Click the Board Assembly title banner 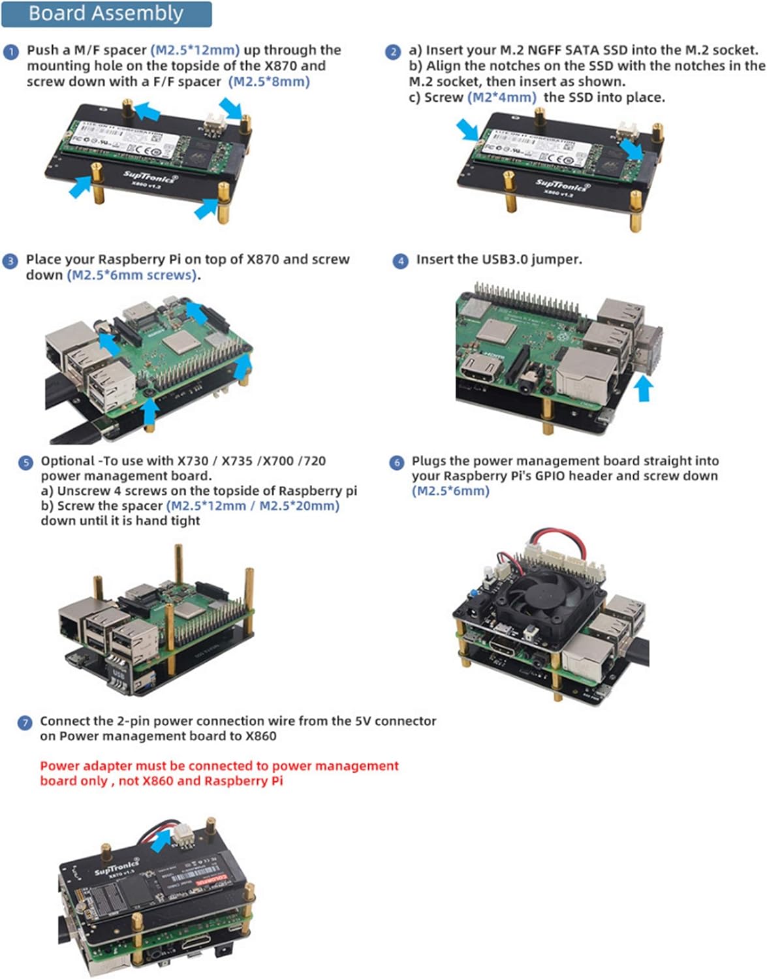[106, 14]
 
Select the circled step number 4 [400, 261]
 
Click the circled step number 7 [25, 723]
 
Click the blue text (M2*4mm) [501, 97]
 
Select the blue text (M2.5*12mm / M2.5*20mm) [253, 506]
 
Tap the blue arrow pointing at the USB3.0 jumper [644, 389]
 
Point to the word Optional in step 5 [68, 461]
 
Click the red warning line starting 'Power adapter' [219, 766]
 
